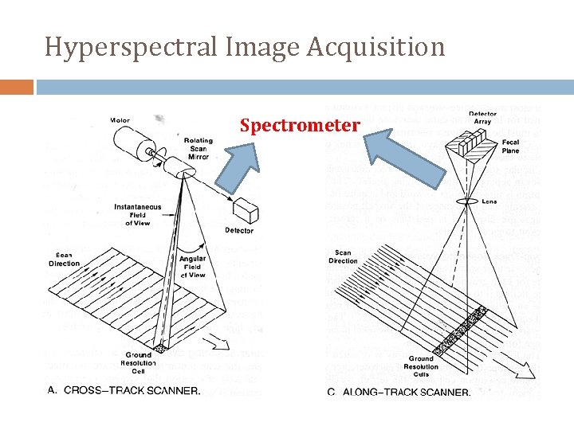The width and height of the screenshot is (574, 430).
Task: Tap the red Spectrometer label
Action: pyautogui.click(x=300, y=126)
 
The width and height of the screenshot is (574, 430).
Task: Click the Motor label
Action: pyautogui.click(x=120, y=121)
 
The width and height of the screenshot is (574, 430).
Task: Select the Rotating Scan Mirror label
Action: pyautogui.click(x=199, y=149)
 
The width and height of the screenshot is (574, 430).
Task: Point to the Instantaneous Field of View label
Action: pyautogui.click(x=136, y=214)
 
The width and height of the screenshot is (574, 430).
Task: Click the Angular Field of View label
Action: pyautogui.click(x=192, y=266)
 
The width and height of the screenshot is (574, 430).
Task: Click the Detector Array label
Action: pyautogui.click(x=482, y=119)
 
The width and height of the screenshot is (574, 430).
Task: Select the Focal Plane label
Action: pyautogui.click(x=511, y=147)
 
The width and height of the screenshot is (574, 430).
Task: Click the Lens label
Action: pyautogui.click(x=489, y=201)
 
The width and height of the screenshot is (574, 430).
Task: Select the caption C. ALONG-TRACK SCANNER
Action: pyautogui.click(x=399, y=391)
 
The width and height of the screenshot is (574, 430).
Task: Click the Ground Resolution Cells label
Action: pyautogui.click(x=421, y=367)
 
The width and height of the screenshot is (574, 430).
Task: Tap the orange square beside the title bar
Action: pyautogui.click(x=17, y=86)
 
